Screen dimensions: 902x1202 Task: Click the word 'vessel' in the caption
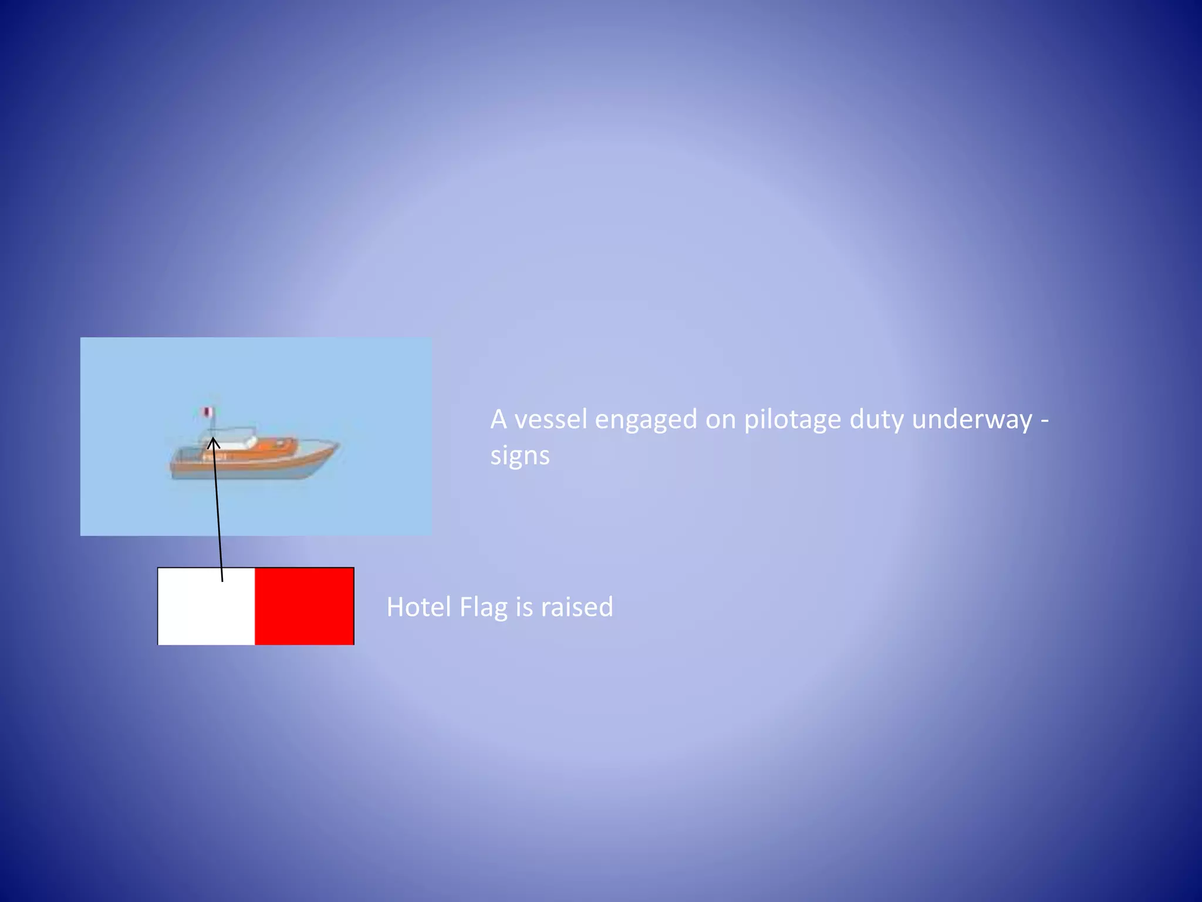click(550, 419)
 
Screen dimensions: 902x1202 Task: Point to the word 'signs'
click(520, 456)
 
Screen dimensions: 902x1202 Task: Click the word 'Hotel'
click(418, 607)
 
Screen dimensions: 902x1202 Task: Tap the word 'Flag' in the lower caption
click(483, 607)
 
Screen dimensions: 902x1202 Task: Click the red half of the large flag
click(304, 606)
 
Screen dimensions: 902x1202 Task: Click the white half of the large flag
click(206, 606)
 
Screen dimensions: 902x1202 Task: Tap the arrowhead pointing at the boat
click(213, 442)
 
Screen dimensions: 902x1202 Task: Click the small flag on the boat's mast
click(206, 412)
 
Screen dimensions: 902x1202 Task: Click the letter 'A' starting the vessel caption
click(498, 419)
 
